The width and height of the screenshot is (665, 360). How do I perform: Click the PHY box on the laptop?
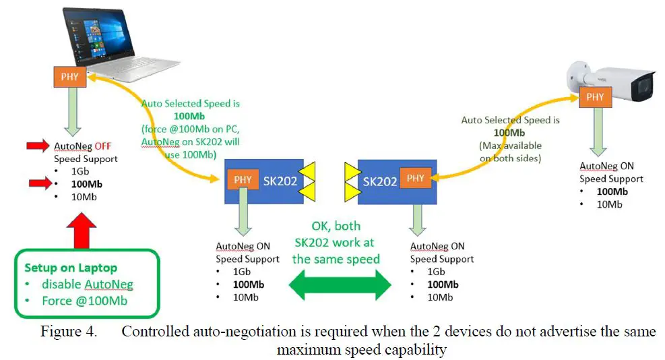click(69, 77)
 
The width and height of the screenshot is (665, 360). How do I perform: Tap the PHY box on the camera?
click(595, 97)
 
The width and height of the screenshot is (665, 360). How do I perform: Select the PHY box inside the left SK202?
click(242, 179)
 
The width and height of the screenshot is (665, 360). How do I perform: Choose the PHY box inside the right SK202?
click(416, 178)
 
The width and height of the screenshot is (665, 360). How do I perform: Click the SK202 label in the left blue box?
click(280, 181)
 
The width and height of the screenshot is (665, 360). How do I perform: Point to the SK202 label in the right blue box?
click(379, 181)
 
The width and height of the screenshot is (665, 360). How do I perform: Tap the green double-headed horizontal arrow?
click(340, 285)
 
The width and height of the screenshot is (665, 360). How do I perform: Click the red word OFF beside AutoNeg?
click(102, 146)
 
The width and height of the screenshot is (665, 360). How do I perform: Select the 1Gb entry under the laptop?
click(71, 171)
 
